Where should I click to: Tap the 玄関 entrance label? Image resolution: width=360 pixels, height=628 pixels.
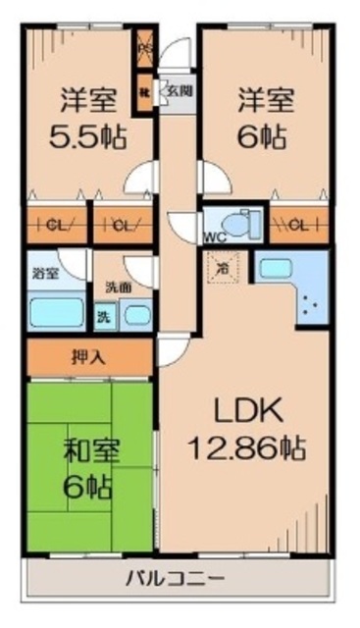(x=178, y=90)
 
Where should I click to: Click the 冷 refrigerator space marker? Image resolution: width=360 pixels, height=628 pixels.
(x=223, y=267)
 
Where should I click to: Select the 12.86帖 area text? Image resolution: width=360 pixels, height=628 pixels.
(x=245, y=448)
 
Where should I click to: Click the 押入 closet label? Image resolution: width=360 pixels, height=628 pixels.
(x=90, y=355)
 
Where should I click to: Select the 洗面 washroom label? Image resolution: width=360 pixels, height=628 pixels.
(x=118, y=289)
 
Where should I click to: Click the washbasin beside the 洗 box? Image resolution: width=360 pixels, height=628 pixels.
(x=135, y=316)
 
